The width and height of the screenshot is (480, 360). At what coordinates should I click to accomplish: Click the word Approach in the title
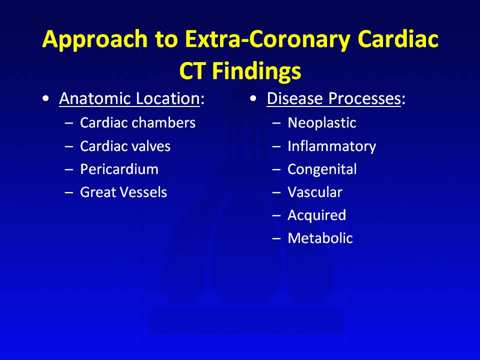pos(95,39)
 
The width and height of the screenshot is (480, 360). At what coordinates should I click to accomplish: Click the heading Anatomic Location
pos(129,98)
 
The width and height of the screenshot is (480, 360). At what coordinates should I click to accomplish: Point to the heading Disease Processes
pos(333,98)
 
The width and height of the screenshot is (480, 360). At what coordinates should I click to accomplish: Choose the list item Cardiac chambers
pos(138,123)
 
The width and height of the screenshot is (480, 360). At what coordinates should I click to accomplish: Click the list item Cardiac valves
pos(125,146)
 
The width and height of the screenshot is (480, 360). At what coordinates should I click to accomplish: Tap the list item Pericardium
pos(119,169)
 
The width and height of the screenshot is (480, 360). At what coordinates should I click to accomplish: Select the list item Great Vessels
pos(123,192)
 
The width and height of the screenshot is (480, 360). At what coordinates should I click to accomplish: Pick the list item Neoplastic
pos(322,123)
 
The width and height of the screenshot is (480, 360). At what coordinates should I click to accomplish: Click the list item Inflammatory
pos(332,146)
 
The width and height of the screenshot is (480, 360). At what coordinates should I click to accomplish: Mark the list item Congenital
pos(322,169)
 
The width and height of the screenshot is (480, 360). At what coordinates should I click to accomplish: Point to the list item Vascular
pos(315,192)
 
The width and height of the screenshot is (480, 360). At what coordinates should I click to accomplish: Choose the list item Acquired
pos(317,215)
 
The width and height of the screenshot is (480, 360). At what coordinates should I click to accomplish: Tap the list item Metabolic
pos(320,238)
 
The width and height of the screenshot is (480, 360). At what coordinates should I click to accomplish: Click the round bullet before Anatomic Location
pos(46,98)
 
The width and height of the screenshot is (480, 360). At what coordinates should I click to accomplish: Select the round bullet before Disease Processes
pos(253,98)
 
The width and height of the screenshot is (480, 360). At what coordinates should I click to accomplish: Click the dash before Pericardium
pos(69,169)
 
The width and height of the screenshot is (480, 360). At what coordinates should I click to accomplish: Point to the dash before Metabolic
pos(276,238)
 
